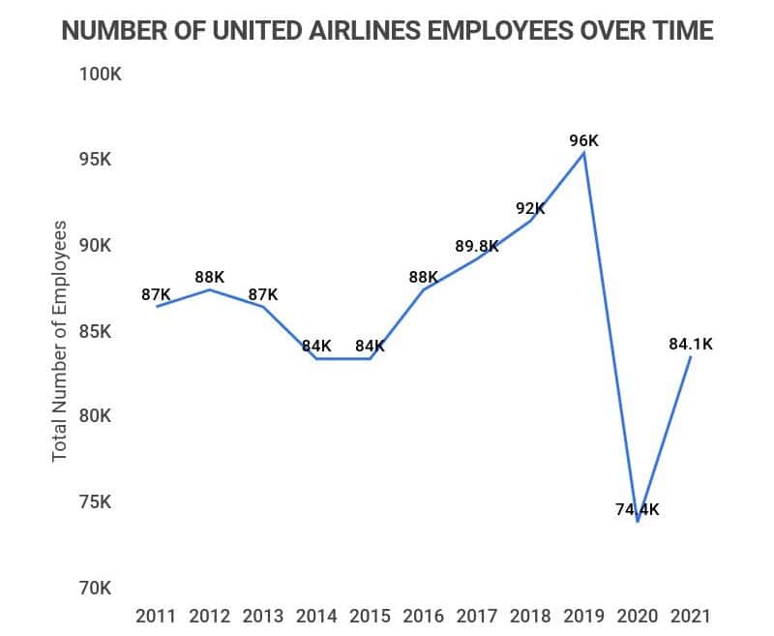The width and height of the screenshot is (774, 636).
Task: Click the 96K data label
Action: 583,140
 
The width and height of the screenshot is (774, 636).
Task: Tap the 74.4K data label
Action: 638,509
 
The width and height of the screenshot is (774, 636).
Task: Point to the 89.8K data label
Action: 476,246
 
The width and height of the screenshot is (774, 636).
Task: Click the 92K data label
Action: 530,206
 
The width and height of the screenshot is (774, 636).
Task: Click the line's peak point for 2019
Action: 583,153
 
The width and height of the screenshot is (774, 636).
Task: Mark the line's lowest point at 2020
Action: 638,522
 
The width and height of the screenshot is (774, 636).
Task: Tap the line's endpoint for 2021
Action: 690,357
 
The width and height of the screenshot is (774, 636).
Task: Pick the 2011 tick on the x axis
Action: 156,616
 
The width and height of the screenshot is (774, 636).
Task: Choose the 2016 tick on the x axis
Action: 423,616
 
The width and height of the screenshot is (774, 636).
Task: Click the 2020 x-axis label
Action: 638,616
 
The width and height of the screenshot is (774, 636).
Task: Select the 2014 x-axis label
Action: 316,616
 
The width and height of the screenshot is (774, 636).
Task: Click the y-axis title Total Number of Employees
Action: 60,341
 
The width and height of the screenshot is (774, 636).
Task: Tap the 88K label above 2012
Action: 209,277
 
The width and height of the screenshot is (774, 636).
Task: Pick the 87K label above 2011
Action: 156,294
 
